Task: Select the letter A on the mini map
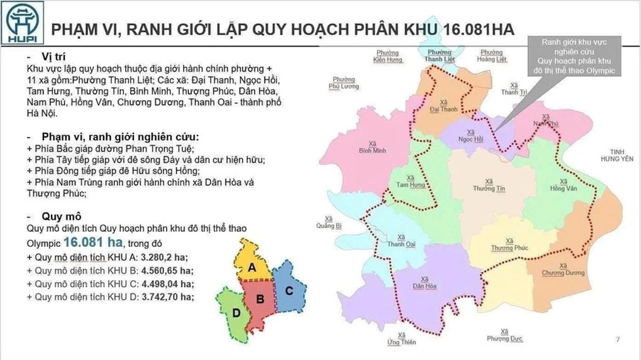coord(251,267)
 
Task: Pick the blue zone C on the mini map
coord(288,290)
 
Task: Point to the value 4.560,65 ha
coord(168,271)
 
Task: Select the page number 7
coord(618,340)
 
